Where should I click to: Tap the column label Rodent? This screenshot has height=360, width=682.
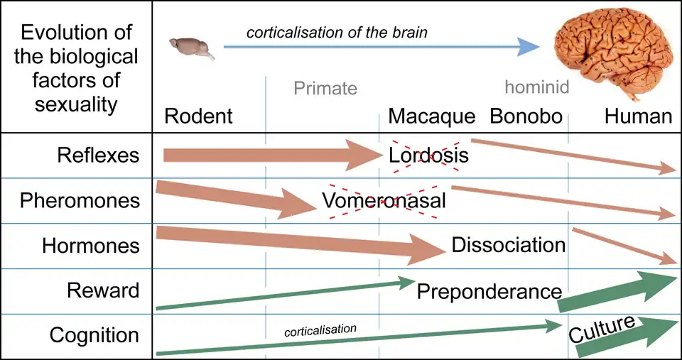tap(198, 116)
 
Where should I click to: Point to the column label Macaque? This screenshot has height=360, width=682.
tap(431, 116)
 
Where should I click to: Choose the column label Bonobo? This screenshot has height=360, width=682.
tap(526, 116)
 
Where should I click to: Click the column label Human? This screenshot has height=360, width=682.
tap(638, 116)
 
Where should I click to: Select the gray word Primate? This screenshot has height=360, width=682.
tap(325, 89)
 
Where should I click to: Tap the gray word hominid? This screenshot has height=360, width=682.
tap(537, 87)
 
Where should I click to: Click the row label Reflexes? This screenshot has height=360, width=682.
tap(98, 156)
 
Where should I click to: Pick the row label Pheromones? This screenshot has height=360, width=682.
tap(80, 201)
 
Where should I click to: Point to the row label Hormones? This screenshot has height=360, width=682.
tap(91, 246)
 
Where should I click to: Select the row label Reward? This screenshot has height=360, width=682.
tap(103, 290)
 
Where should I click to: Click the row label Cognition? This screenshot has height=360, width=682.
tap(94, 335)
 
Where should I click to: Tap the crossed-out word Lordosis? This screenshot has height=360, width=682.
tap(428, 156)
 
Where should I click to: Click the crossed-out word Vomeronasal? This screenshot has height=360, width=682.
tap(384, 201)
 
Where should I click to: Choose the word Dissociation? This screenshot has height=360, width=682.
tap(508, 246)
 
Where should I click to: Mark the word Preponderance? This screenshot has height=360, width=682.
tap(489, 291)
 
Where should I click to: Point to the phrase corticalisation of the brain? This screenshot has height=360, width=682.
tap(337, 33)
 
